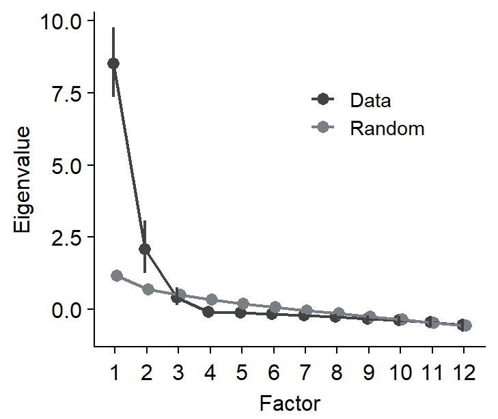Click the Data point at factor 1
pyautogui.click(x=113, y=63)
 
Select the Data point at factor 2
pyautogui.click(x=145, y=249)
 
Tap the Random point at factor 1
pyautogui.click(x=117, y=276)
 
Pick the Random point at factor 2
pyautogui.click(x=148, y=289)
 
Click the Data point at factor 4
pyautogui.click(x=208, y=312)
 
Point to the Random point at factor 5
pyautogui.click(x=243, y=304)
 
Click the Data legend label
pyautogui.click(x=370, y=100)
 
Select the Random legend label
pyautogui.click(x=387, y=128)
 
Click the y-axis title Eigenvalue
pyautogui.click(x=23, y=179)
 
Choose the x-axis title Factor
pyautogui.click(x=290, y=403)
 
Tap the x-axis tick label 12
pyautogui.click(x=463, y=374)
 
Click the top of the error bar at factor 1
pyautogui.click(x=113, y=28)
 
